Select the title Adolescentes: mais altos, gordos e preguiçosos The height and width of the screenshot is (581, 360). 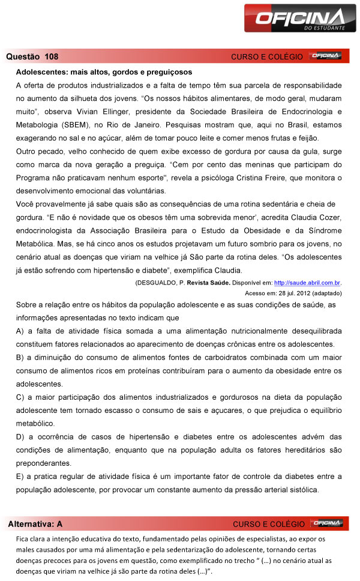coord(104,72)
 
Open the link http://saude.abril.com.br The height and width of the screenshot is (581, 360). coord(303,282)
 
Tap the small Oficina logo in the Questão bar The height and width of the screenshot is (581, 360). coord(326,56)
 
